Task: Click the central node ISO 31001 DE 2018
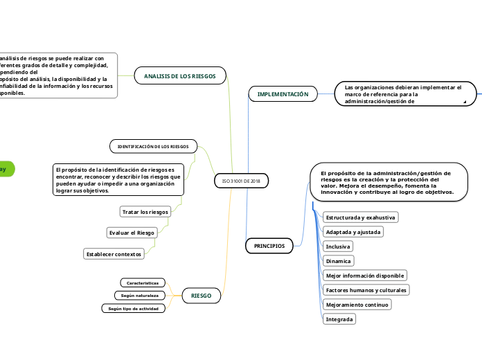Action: coord(241,181)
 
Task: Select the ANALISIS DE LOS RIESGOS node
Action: coord(180,75)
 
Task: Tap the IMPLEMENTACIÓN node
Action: coord(283,93)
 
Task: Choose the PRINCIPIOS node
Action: coord(269,245)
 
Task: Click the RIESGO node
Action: coord(202,296)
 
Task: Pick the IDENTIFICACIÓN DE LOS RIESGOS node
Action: coord(153,146)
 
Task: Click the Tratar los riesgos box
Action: coord(145,211)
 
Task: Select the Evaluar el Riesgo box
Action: coord(132,233)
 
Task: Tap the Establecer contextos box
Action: coord(114,254)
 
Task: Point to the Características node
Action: coord(143,283)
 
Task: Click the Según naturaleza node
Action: coord(141,296)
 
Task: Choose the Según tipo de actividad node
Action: coord(134,309)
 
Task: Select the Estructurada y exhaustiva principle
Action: coord(361,217)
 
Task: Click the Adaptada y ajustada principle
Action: coord(353,232)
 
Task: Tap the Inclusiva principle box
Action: coord(338,246)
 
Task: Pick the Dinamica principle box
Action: coord(339,261)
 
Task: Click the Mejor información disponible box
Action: coord(364,276)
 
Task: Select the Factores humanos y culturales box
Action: coord(366,289)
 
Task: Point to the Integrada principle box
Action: coord(340,319)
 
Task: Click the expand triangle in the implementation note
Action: coord(465,102)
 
